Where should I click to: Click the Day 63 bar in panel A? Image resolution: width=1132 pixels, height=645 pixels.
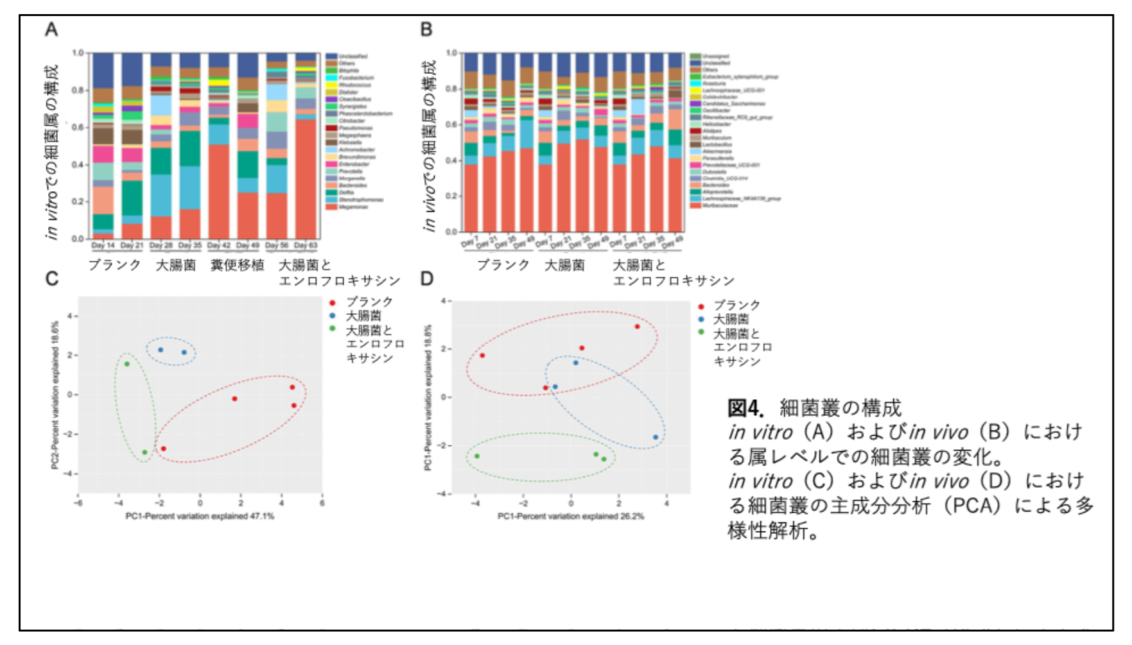(x=306, y=148)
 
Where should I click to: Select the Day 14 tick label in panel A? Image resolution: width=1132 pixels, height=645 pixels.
(x=103, y=245)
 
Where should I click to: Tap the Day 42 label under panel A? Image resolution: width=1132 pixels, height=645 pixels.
(x=219, y=245)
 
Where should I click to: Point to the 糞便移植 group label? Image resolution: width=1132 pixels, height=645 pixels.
(x=237, y=264)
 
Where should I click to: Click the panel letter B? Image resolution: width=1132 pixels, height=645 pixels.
(x=426, y=30)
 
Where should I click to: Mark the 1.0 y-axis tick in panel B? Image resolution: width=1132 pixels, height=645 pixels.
(x=451, y=53)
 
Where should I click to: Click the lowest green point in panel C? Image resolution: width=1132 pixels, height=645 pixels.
(x=144, y=452)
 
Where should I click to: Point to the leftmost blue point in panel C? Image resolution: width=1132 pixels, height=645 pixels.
(x=161, y=350)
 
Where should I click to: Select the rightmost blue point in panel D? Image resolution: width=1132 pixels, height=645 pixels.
(x=656, y=437)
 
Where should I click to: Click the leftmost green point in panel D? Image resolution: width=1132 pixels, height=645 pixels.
(x=476, y=456)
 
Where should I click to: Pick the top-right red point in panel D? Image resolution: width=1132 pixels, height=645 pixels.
(x=637, y=327)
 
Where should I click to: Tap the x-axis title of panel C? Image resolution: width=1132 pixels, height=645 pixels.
(x=200, y=516)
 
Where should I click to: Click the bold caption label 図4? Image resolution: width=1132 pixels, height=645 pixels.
(x=745, y=408)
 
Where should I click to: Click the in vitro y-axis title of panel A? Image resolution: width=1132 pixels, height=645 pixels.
(x=51, y=151)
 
